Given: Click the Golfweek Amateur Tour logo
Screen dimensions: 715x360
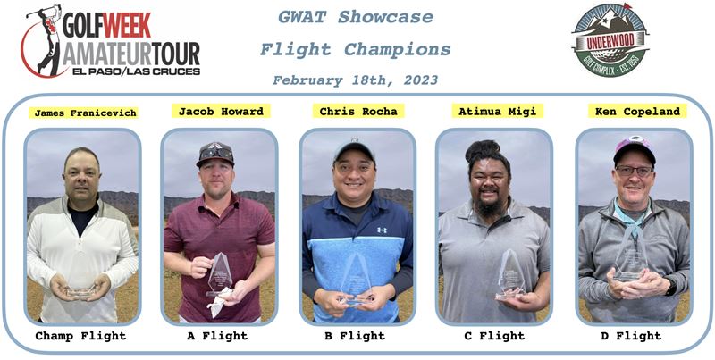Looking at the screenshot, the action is coord(110,41).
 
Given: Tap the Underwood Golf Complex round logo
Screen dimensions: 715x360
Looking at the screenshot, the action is coord(610,40).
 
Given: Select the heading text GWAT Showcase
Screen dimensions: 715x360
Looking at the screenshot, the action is coord(355,17).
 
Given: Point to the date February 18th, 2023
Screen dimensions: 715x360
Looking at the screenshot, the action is coord(355,80).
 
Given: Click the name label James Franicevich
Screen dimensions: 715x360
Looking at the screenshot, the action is coord(85,113).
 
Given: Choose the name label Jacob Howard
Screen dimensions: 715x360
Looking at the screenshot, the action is coord(221,111).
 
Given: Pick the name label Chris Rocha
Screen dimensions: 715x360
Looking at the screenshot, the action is coord(358,111).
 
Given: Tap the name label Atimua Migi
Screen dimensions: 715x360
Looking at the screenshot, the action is coord(497,111).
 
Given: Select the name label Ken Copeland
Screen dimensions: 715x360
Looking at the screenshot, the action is coord(637,111).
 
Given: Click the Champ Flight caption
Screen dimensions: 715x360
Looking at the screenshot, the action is coord(80,336).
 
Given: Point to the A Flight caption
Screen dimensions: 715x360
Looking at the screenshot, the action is coord(217,336).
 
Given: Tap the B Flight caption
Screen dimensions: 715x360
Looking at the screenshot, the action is coord(355,336).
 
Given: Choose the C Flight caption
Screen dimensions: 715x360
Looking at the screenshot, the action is coord(494,336).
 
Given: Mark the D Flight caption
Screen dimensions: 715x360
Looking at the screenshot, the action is coord(631,336).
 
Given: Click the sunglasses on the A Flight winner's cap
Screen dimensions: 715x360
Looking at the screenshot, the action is coord(216,153).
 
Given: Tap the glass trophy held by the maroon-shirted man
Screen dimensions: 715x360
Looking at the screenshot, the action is coord(219,274).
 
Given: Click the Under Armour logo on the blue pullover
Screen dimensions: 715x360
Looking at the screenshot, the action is coord(382,230).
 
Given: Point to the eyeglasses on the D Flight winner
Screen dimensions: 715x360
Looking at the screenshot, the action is coord(634,172).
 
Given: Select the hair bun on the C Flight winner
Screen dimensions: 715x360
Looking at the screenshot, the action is coord(483,148).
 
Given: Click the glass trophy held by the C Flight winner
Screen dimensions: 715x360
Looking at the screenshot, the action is coord(511,275).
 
